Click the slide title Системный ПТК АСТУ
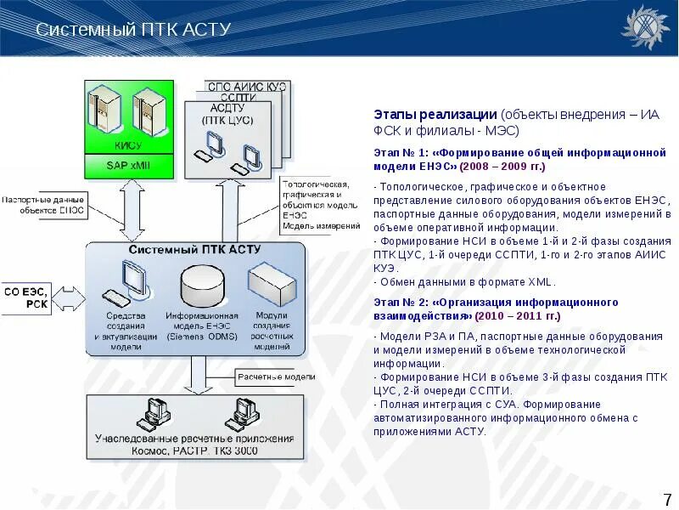[133, 30]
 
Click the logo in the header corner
[646, 28]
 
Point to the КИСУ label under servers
[128, 145]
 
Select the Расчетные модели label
[277, 376]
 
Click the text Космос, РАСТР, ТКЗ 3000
[194, 450]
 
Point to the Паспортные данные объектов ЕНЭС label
[43, 205]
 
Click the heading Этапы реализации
[435, 115]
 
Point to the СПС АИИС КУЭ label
[247, 88]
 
